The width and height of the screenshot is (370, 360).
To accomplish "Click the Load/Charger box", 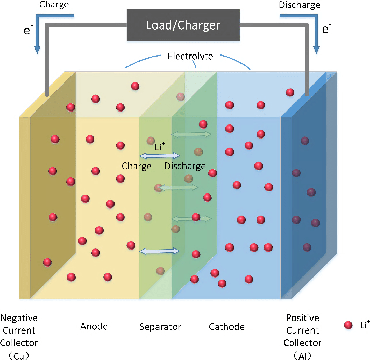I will pos(183,25).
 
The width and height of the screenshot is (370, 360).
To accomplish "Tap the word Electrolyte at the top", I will pos(190,56).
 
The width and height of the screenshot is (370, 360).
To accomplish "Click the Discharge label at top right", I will pos(300,5).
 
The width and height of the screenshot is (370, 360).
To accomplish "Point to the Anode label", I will pos(94,326).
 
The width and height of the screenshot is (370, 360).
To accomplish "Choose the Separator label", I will pos(161,327).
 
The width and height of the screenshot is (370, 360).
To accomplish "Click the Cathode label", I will pos(226,327).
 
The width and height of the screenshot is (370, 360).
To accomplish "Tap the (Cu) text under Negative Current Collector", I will pos(19,355).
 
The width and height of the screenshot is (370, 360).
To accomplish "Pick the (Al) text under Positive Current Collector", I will pos(302,355).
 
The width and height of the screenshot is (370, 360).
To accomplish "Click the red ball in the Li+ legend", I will pos(348,326).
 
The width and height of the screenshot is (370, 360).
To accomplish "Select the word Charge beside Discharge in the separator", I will pos(137,166).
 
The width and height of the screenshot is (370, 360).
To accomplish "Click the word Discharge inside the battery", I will pos(185,166).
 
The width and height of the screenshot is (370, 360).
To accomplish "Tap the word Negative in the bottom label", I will pos(19,318).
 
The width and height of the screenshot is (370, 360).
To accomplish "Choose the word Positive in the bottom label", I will pos(302,318).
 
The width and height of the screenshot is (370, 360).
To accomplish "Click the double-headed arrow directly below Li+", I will pos(160,156).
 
